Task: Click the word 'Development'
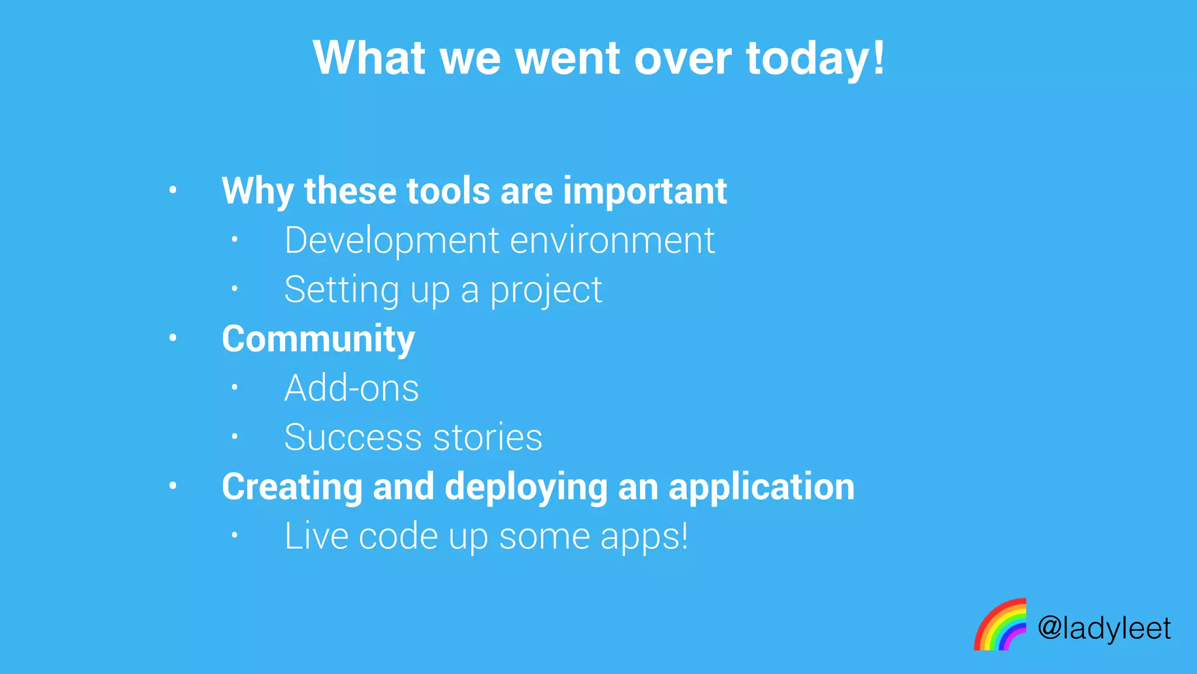[x=392, y=240]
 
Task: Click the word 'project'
[x=546, y=291]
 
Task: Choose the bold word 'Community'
[x=318, y=339]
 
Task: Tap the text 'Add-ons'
[x=351, y=388]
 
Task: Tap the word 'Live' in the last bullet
[x=316, y=536]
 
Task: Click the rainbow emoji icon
[x=1000, y=625]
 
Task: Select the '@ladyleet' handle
[x=1103, y=629]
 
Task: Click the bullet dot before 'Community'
[x=172, y=338]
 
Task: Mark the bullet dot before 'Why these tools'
[x=172, y=190]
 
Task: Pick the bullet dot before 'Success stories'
[x=234, y=436]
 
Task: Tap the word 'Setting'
[x=341, y=290]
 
